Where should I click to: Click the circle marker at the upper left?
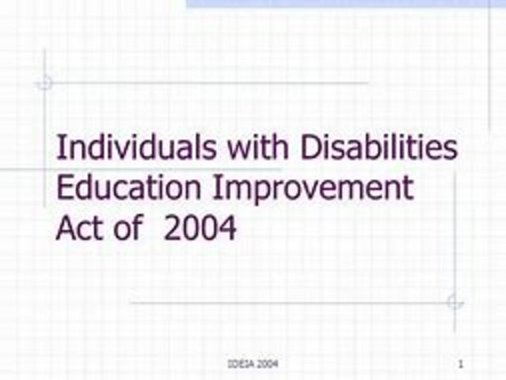coord(45,82)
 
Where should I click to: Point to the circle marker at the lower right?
coord(455,302)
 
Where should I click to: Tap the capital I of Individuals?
coord(60,149)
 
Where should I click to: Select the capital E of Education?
coord(65,188)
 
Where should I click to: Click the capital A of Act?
coord(66,228)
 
